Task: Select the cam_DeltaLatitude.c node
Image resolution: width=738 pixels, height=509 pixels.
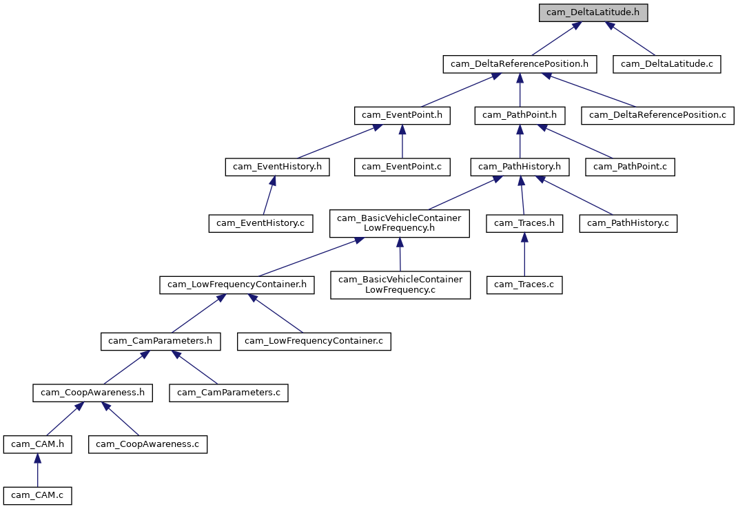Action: coord(662,64)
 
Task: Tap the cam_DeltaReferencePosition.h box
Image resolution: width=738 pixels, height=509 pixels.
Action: coord(520,64)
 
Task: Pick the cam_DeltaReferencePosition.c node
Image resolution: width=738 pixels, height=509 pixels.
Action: coord(657,115)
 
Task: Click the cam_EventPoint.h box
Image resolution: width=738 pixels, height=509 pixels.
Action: coord(402,115)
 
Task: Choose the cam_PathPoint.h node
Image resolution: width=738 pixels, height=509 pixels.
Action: coord(520,115)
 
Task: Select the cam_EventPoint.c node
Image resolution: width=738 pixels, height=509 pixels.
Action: coord(402,166)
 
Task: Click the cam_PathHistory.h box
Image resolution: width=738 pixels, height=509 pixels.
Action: coord(520,166)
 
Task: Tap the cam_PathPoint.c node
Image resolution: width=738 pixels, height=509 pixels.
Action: coord(630,166)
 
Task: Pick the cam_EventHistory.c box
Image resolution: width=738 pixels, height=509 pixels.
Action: coord(261,223)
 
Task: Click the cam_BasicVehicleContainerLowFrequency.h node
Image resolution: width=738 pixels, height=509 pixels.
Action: coord(400,223)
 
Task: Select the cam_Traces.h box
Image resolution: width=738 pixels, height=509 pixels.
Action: coord(524,223)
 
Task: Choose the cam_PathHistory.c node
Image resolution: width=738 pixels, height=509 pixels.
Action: coord(628,223)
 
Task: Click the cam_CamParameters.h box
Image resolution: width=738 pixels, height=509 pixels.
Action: coord(161,341)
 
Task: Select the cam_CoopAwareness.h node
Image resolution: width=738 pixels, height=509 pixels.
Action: coord(93,393)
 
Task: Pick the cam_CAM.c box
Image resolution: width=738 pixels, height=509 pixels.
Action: coord(38,495)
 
